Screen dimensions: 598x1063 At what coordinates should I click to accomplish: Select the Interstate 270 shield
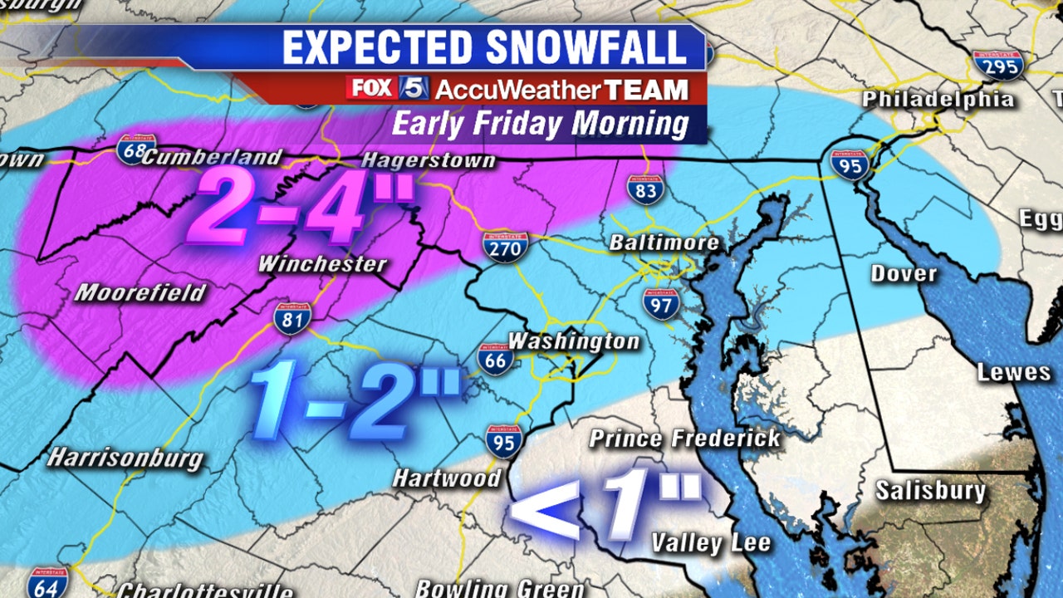(504, 248)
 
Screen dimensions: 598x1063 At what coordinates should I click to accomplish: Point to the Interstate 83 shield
(645, 190)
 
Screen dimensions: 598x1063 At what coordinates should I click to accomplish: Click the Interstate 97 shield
(660, 304)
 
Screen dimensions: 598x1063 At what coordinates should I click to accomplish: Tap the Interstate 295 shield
(997, 65)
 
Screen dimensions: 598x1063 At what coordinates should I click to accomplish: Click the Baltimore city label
(664, 243)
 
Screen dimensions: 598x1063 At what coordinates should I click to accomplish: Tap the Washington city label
(574, 341)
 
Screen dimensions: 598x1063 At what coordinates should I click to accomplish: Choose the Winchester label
(322, 265)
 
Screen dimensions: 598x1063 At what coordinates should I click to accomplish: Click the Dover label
(904, 273)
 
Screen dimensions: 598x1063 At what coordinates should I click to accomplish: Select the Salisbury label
(930, 490)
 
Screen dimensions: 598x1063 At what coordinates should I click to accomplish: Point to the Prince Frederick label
(685, 439)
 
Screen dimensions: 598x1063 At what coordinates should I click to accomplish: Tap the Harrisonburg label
(125, 458)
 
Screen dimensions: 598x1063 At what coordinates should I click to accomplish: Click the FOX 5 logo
(387, 88)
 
